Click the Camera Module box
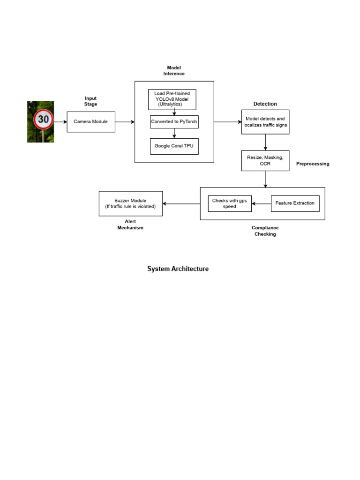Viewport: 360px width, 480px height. pyautogui.click(x=91, y=122)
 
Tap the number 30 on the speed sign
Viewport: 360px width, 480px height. pyautogui.click(x=43, y=120)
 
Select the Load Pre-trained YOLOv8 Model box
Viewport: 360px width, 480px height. pyautogui.click(x=172, y=99)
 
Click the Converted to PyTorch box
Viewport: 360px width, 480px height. pyautogui.click(x=174, y=122)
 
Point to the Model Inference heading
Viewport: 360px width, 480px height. pyautogui.click(x=174, y=71)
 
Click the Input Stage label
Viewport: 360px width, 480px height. pyautogui.click(x=90, y=101)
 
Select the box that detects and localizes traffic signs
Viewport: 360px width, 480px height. pyautogui.click(x=265, y=122)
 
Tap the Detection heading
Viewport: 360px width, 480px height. pyautogui.click(x=265, y=104)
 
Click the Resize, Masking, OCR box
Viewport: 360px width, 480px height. pyautogui.click(x=265, y=161)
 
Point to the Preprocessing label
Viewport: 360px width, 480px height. pyautogui.click(x=313, y=164)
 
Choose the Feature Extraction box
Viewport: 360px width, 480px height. pyautogui.click(x=295, y=203)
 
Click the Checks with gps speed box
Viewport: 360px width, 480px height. pyautogui.click(x=230, y=203)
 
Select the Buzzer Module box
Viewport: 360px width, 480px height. pyautogui.click(x=131, y=203)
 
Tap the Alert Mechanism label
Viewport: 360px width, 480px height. pyautogui.click(x=130, y=225)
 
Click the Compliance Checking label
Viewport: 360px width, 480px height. pyautogui.click(x=265, y=231)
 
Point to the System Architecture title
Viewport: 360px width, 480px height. pyautogui.click(x=178, y=269)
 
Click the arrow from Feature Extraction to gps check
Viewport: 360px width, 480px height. pyautogui.click(x=262, y=204)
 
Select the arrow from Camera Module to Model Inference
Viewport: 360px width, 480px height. pyautogui.click(x=125, y=122)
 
